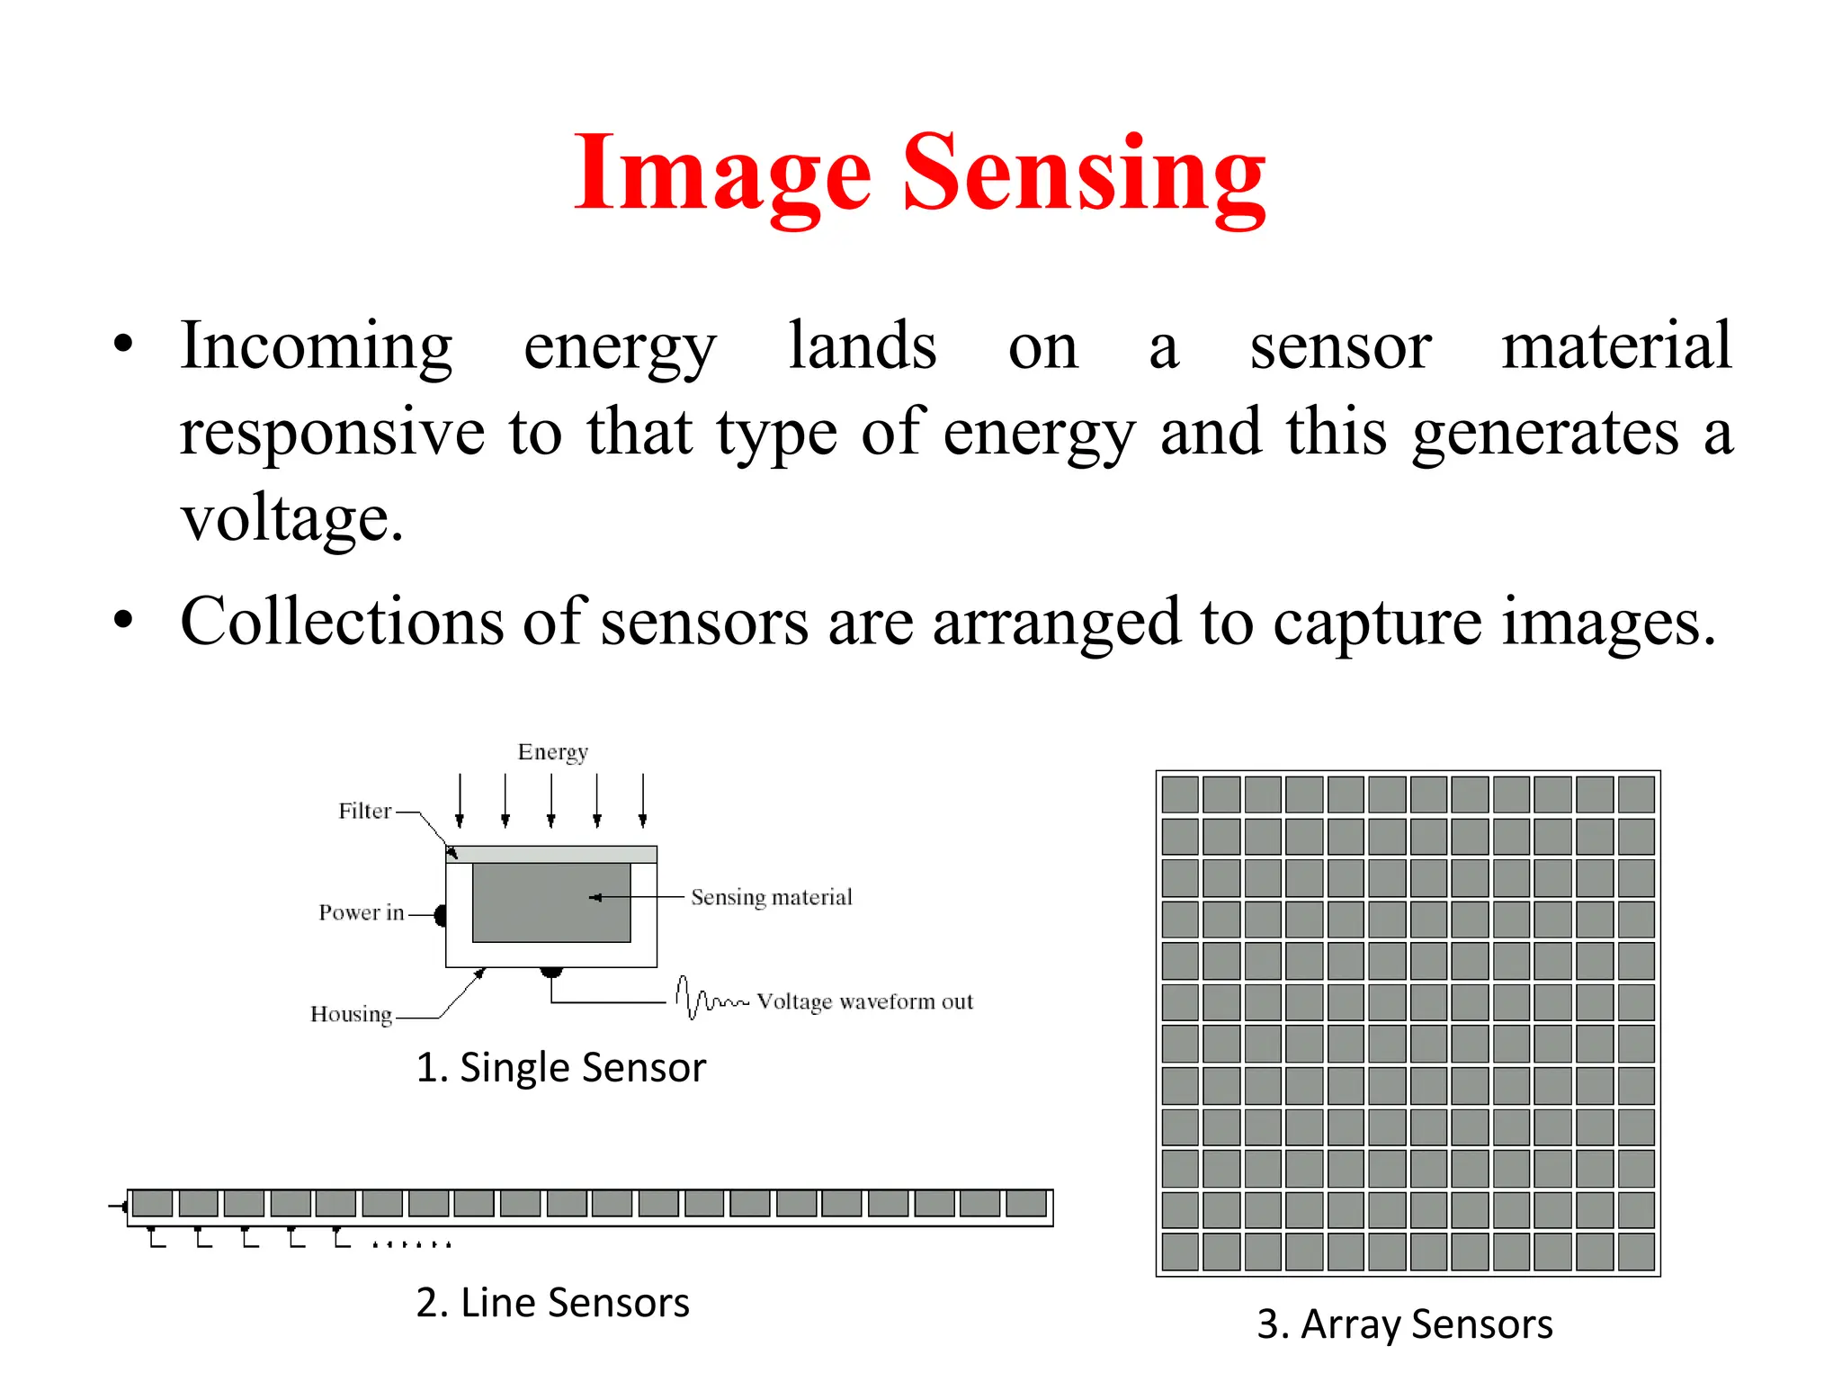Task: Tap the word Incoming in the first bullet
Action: pyautogui.click(x=316, y=346)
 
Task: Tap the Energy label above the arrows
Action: pyautogui.click(x=552, y=752)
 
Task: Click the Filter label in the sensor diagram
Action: pyautogui.click(x=364, y=811)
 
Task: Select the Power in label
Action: pyautogui.click(x=361, y=912)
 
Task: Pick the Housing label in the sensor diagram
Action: pyautogui.click(x=351, y=1014)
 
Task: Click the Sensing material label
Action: pyautogui.click(x=771, y=897)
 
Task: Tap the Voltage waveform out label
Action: pyautogui.click(x=864, y=1001)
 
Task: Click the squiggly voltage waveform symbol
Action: pyautogui.click(x=710, y=998)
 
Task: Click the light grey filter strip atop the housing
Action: pyautogui.click(x=551, y=854)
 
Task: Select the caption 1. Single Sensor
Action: pyautogui.click(x=560, y=1068)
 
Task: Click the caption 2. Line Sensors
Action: pyautogui.click(x=552, y=1303)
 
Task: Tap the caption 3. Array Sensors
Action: pyautogui.click(x=1404, y=1324)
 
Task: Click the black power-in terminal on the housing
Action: pyautogui.click(x=441, y=916)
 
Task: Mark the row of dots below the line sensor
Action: pyautogui.click(x=411, y=1244)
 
